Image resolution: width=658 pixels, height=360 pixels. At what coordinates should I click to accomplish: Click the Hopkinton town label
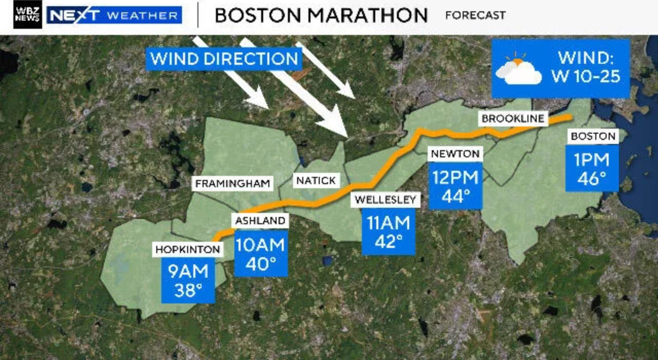[x=188, y=249]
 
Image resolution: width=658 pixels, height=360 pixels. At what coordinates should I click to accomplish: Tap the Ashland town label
[x=260, y=221]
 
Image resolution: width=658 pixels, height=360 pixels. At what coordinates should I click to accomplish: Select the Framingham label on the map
[x=233, y=184]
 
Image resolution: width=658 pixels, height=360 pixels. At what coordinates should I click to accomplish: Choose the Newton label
[x=455, y=153]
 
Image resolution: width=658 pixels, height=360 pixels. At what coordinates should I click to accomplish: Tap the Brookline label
[x=513, y=119]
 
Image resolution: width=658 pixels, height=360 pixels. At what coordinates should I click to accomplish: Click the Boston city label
[x=593, y=136]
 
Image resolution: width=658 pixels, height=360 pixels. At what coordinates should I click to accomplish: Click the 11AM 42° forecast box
[x=389, y=232]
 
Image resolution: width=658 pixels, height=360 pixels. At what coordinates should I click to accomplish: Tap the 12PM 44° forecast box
[x=455, y=186]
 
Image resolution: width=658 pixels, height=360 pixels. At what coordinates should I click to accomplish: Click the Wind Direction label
[x=225, y=59]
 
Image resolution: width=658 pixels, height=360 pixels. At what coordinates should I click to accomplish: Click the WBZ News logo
[x=28, y=14]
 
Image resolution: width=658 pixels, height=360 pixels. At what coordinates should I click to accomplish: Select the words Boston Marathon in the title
[x=321, y=15]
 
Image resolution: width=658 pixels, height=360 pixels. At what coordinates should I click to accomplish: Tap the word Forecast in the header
[x=475, y=15]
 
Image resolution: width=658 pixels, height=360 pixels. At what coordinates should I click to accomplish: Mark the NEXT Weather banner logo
[x=114, y=15]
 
